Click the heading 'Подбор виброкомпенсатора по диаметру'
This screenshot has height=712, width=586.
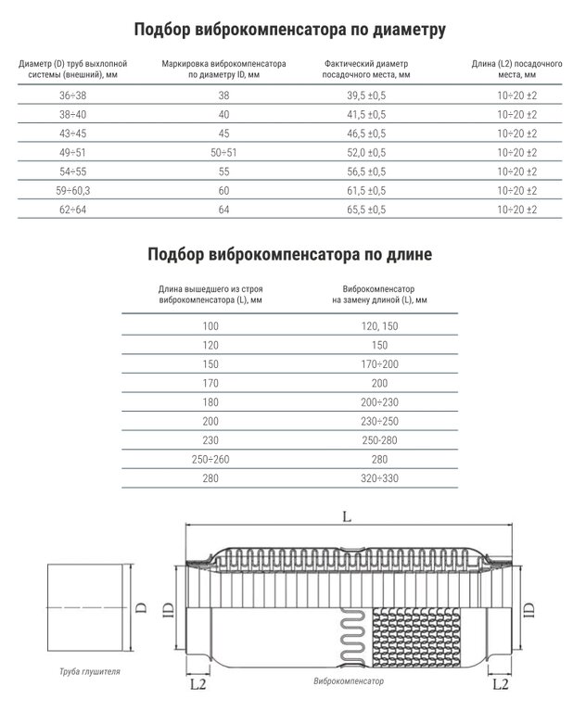point(290,30)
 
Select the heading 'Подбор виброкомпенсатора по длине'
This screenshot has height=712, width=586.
point(290,253)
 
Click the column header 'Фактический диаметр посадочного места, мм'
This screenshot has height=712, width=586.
point(367,68)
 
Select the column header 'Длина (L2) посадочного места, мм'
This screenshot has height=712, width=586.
point(517,68)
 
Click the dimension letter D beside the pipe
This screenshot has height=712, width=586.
point(141,608)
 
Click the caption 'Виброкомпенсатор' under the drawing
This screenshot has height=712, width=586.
point(349,680)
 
